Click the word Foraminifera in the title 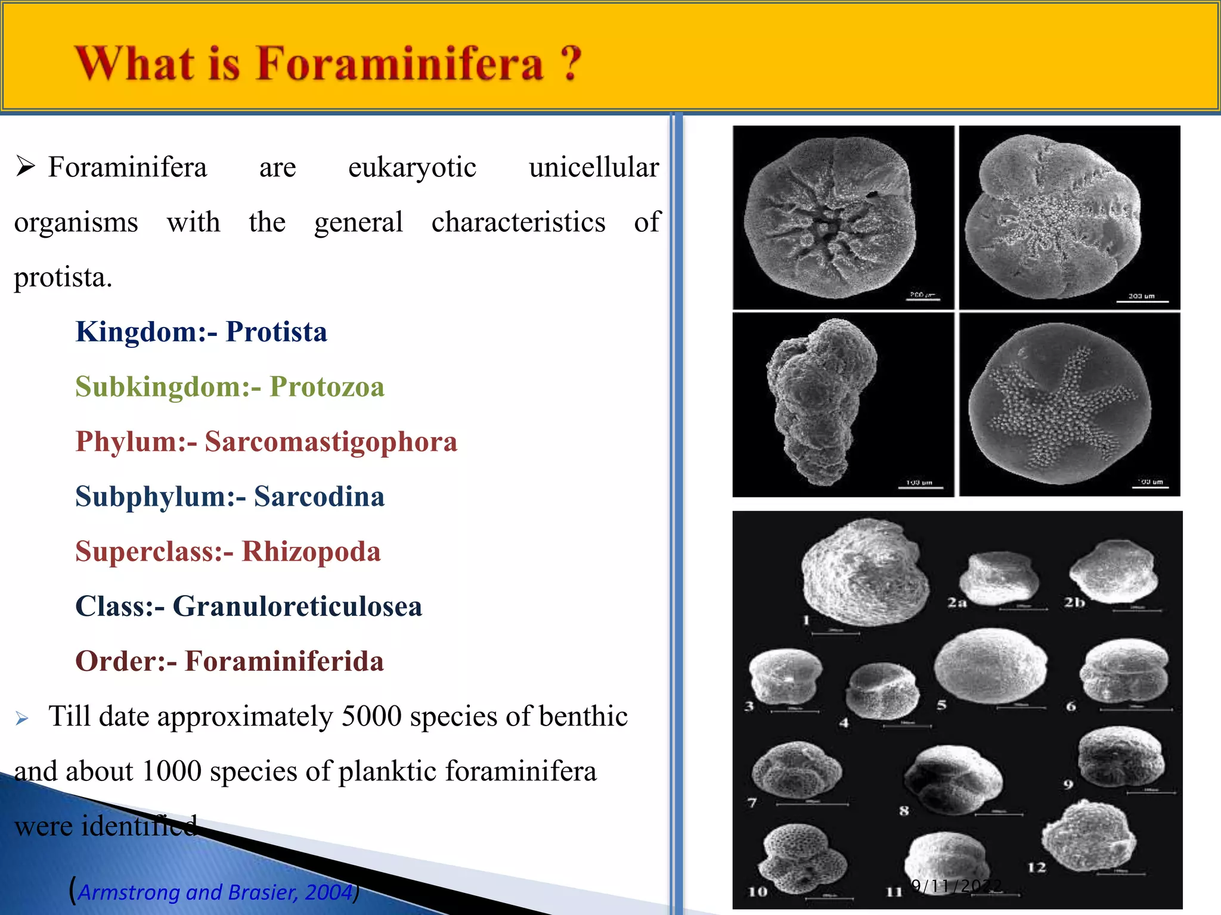[399, 64]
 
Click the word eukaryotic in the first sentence [412, 167]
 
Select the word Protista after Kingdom [276, 332]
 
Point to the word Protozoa [327, 387]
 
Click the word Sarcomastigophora [331, 442]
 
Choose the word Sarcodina [319, 497]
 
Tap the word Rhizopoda [311, 552]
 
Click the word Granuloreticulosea [297, 606]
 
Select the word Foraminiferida [284, 661]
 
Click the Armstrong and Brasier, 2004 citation [216, 892]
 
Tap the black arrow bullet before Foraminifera [26, 166]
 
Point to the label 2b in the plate [1074, 602]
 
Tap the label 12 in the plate [1037, 867]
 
